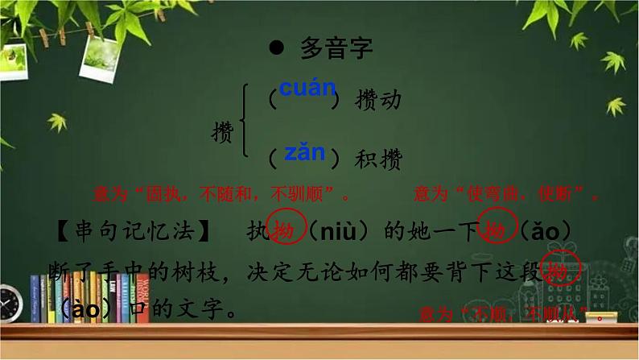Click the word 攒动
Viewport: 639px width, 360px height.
tap(377, 100)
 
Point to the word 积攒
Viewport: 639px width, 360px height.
tap(378, 159)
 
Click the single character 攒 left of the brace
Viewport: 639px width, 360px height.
tap(222, 131)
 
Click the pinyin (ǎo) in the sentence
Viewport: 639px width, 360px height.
tap(543, 233)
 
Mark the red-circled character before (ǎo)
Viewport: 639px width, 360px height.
tap(493, 231)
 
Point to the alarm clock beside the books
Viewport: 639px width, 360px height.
tap(10, 304)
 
